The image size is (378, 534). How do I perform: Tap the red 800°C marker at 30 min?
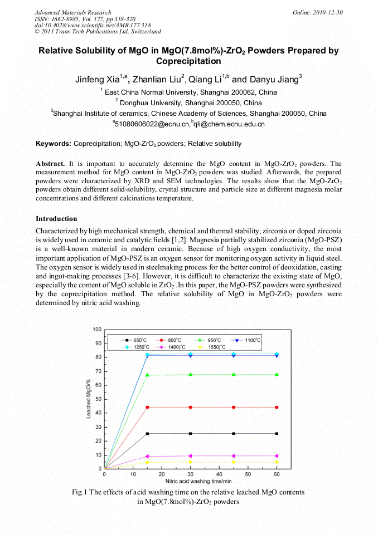pos(191,407)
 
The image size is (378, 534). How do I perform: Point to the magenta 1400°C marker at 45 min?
pos(234,456)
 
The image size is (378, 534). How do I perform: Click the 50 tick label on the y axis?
pos(98,399)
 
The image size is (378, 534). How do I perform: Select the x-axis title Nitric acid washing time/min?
pos(190,481)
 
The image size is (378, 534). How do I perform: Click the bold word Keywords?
pos(53,144)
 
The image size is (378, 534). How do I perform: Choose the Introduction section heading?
pos(56,219)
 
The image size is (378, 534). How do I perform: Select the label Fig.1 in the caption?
pos(81,492)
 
